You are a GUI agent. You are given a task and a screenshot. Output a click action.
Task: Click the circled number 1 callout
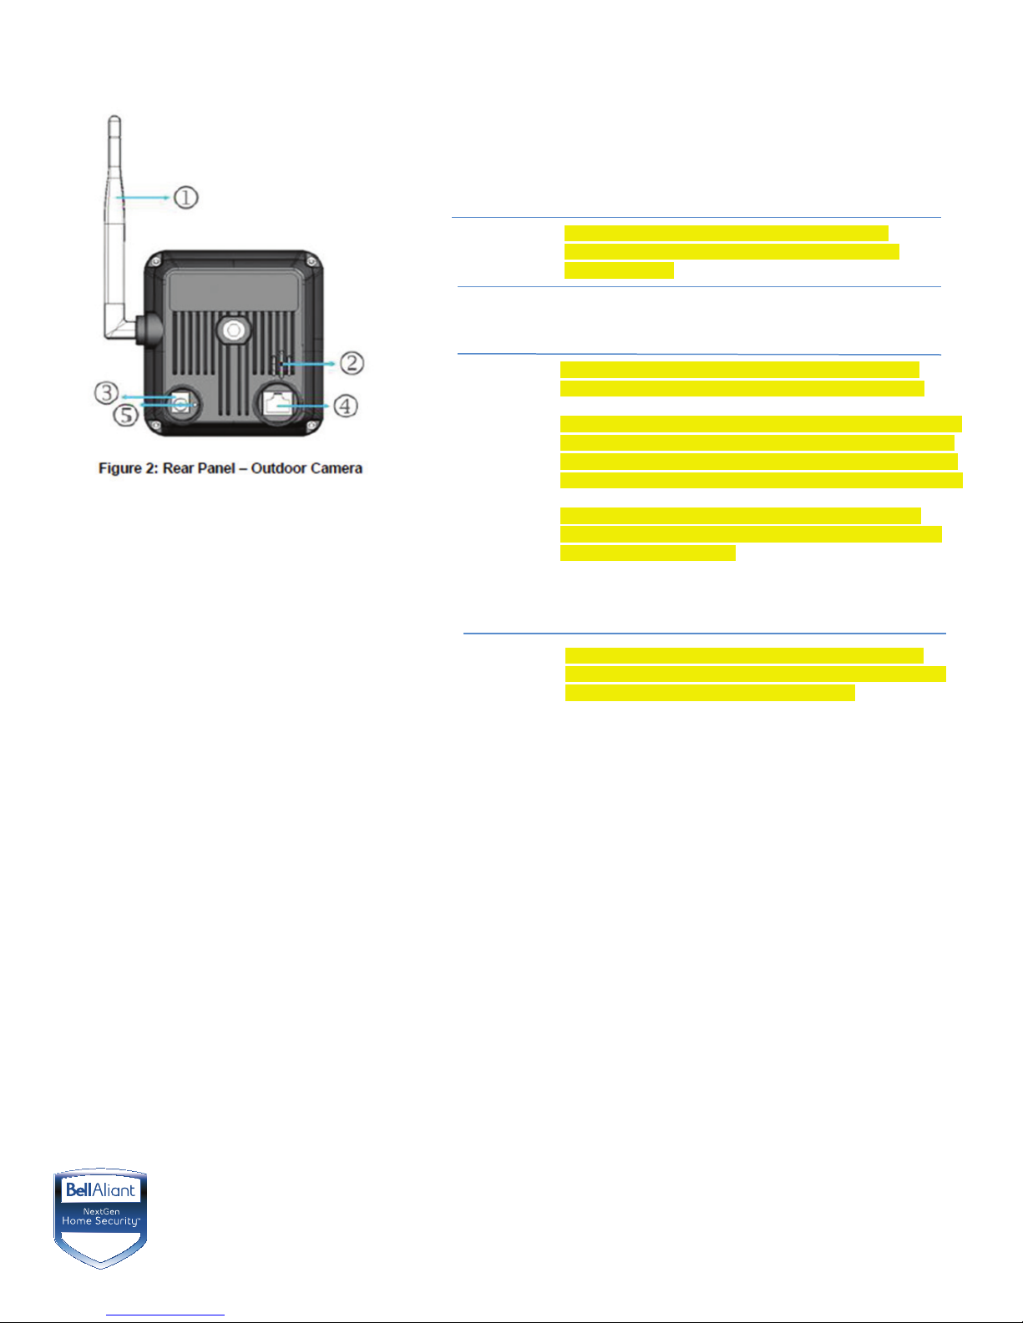[x=185, y=198]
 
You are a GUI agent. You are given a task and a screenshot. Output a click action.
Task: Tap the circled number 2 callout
[x=352, y=363]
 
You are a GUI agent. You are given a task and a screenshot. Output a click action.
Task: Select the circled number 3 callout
[x=106, y=391]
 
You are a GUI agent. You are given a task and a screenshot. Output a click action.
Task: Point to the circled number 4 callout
[x=345, y=406]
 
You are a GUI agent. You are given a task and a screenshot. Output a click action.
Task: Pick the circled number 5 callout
[x=126, y=414]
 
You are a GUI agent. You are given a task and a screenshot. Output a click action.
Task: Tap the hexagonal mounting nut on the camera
[x=233, y=331]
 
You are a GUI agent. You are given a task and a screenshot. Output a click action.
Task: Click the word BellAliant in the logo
[x=100, y=1189]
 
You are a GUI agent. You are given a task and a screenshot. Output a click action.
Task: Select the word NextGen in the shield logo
[x=101, y=1211]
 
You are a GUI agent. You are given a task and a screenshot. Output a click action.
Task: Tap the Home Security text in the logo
[x=101, y=1221]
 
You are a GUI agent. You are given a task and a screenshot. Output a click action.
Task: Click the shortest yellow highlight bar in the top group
[x=619, y=270]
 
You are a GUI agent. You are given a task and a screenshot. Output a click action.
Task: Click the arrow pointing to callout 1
[x=145, y=198]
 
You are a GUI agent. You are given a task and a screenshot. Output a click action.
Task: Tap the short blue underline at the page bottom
[x=165, y=1315]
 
